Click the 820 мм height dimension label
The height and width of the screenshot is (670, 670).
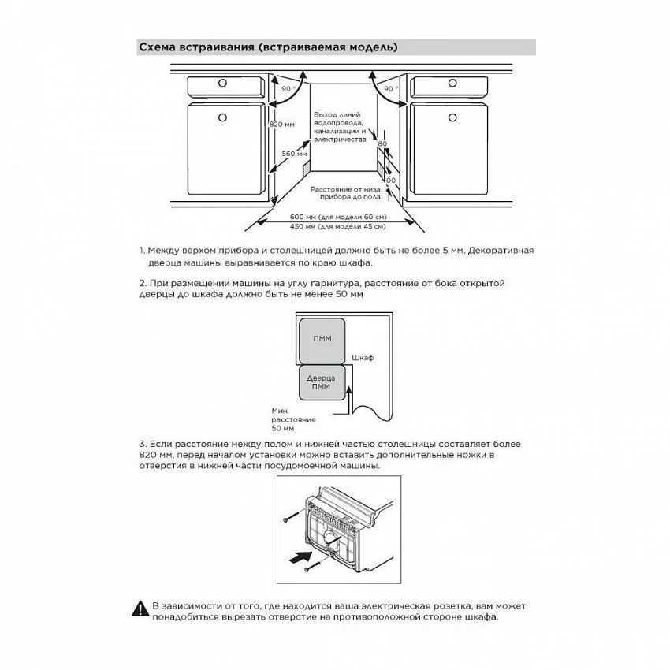click(x=282, y=125)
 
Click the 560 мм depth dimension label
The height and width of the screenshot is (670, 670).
click(x=295, y=154)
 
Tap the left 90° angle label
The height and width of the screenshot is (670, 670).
click(x=286, y=89)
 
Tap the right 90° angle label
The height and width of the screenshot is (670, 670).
click(x=389, y=89)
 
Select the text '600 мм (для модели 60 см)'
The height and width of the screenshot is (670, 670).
click(x=338, y=217)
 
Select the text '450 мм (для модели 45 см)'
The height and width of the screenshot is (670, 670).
click(x=337, y=226)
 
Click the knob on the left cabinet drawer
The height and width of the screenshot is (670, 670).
click(x=222, y=84)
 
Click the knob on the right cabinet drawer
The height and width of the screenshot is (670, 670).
click(x=452, y=84)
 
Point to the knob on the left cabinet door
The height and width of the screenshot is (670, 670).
click(x=222, y=117)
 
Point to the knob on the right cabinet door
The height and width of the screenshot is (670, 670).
click(x=452, y=117)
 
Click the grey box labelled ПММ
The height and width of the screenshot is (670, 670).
click(x=322, y=341)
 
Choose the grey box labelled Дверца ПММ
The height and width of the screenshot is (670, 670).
click(x=322, y=382)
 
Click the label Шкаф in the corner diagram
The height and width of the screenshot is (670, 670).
click(x=363, y=358)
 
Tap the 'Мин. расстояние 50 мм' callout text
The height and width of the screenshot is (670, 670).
click(x=293, y=419)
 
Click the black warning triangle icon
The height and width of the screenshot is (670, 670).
click(x=140, y=609)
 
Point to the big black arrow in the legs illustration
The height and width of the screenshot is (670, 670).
click(x=300, y=557)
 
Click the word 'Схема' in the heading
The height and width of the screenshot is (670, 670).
click(x=157, y=47)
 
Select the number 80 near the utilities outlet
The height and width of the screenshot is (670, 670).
click(x=382, y=144)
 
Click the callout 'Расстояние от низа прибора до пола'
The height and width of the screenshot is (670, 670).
click(x=345, y=193)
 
